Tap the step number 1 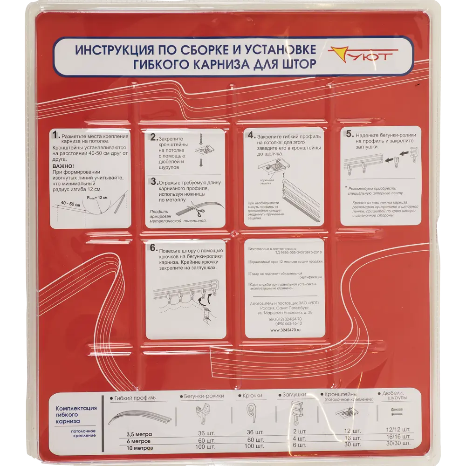click(55, 135)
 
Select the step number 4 click(251, 135)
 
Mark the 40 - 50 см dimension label click(70, 203)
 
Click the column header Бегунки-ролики click(204, 396)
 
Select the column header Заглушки click(294, 395)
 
